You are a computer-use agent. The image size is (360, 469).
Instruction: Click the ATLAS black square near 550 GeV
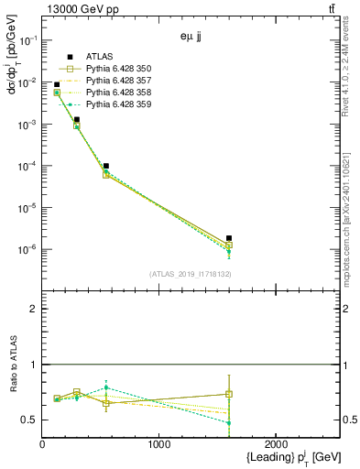[x=106, y=166]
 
